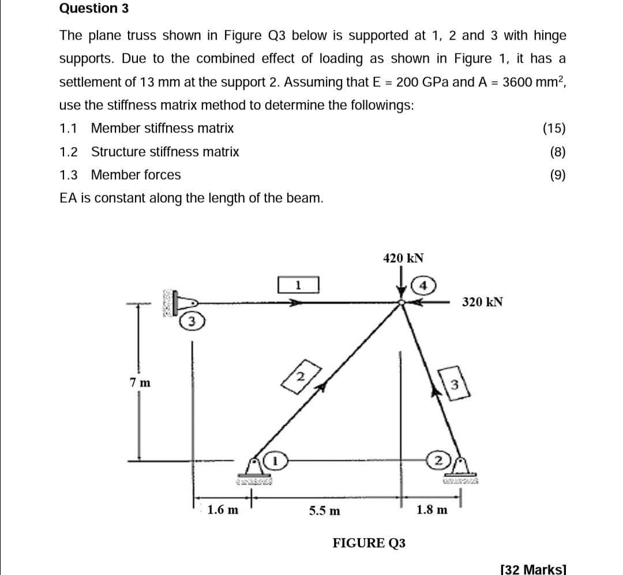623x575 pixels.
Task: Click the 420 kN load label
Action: pyautogui.click(x=403, y=258)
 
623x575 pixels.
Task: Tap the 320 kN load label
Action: pyautogui.click(x=483, y=302)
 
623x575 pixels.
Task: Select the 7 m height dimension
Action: pyautogui.click(x=140, y=382)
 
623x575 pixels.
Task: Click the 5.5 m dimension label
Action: pyautogui.click(x=324, y=510)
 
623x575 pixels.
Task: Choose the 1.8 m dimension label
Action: pyautogui.click(x=431, y=510)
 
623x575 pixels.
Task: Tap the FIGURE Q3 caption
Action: pyautogui.click(x=369, y=543)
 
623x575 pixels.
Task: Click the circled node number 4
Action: pyautogui.click(x=425, y=285)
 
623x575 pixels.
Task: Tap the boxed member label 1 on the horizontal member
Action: pyautogui.click(x=298, y=284)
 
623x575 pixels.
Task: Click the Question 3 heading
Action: pyautogui.click(x=94, y=9)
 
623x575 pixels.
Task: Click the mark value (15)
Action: pyautogui.click(x=554, y=128)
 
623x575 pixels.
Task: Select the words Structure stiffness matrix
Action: pyautogui.click(x=165, y=152)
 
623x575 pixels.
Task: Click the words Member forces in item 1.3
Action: pyautogui.click(x=136, y=175)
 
